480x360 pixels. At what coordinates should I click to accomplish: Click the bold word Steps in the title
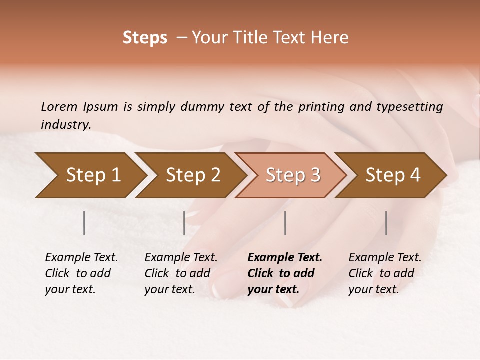(145, 38)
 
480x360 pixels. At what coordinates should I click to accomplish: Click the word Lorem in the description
(59, 107)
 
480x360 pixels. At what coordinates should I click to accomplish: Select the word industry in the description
(66, 125)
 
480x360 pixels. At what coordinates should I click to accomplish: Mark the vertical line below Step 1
(84, 223)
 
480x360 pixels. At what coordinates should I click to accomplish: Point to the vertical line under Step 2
(184, 223)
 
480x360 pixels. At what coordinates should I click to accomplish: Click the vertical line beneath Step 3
(285, 223)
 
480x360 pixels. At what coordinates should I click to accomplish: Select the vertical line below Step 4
(386, 223)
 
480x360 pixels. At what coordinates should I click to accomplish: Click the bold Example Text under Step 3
(285, 258)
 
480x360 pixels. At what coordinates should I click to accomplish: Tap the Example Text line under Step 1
(81, 258)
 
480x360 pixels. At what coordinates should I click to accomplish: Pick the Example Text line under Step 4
(385, 258)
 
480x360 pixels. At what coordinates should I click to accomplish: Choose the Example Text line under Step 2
(181, 258)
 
